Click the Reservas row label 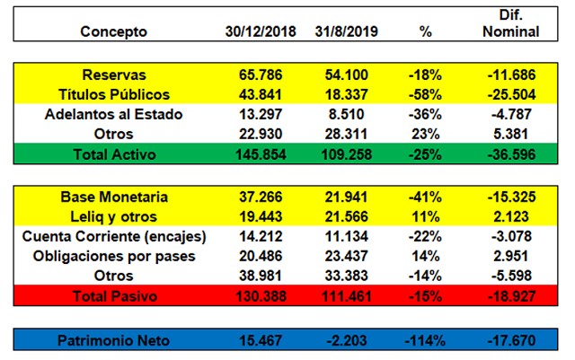point(113,75)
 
